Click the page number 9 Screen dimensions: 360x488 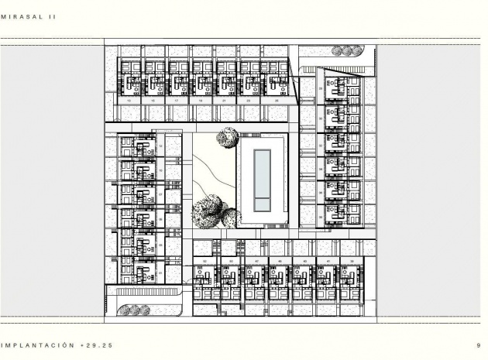click(479, 345)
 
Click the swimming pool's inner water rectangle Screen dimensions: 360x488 click(263, 181)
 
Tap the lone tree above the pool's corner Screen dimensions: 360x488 click(226, 138)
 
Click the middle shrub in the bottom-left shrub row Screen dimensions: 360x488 click(133, 310)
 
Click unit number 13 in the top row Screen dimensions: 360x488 click(129, 101)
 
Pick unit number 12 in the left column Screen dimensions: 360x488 click(160, 146)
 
